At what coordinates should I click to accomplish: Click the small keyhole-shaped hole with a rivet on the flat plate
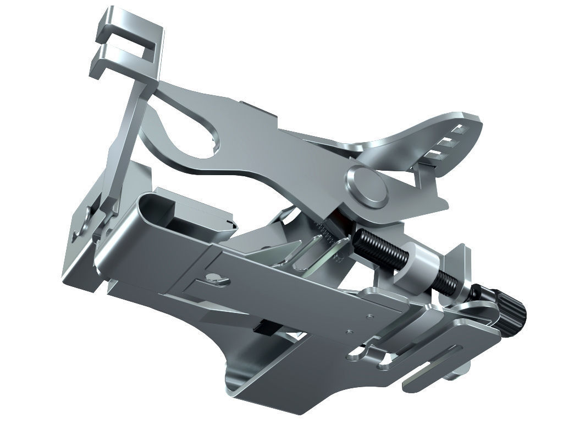tap(216, 279)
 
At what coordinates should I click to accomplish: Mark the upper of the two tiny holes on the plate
tap(369, 316)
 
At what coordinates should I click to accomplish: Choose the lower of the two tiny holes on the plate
tap(349, 332)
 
